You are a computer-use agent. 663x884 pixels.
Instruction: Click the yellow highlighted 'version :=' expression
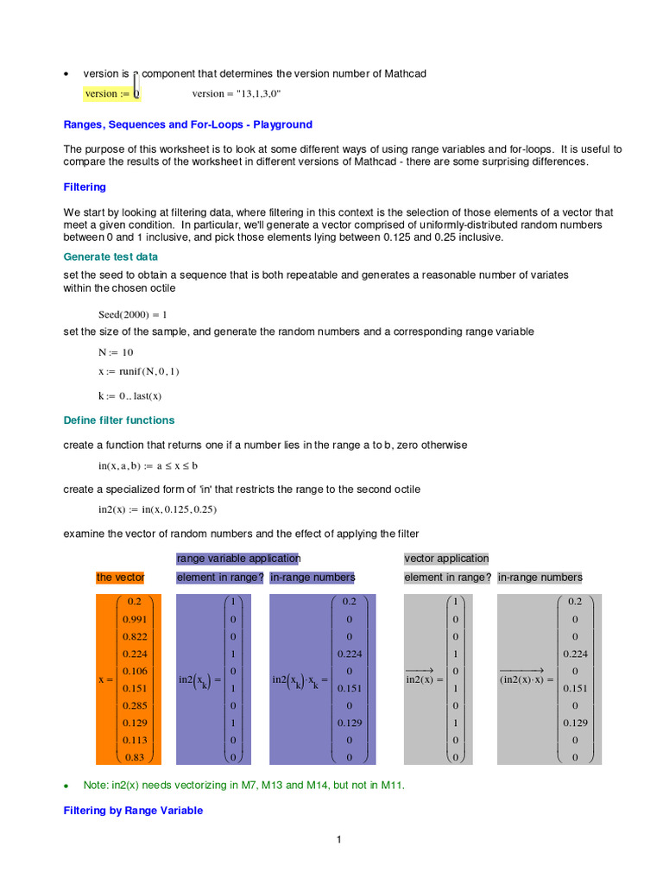point(111,94)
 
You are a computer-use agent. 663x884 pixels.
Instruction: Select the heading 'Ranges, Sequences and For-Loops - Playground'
point(187,125)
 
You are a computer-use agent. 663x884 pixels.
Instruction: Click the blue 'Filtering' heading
point(85,187)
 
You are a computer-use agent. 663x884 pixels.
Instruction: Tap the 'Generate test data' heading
point(110,256)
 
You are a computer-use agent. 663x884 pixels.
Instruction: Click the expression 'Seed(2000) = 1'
point(133,315)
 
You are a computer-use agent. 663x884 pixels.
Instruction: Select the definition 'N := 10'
point(116,352)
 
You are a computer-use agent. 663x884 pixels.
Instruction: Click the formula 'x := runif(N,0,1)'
point(139,371)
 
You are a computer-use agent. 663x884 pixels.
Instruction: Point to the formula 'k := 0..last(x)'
point(129,396)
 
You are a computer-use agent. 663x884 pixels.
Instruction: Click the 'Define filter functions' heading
point(119,420)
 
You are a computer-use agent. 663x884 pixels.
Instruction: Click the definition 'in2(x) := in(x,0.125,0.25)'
point(157,510)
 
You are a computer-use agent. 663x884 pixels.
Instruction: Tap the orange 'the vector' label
point(120,578)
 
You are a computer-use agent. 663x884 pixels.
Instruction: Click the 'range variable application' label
point(238,559)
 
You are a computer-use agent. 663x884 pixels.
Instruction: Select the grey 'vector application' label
point(446,559)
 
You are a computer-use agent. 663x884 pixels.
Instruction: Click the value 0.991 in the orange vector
point(134,620)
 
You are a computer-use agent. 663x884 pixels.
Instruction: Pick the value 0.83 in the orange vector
point(134,757)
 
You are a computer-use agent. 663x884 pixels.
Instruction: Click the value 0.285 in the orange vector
point(134,705)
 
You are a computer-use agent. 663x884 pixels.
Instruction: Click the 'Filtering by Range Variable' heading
point(134,811)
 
